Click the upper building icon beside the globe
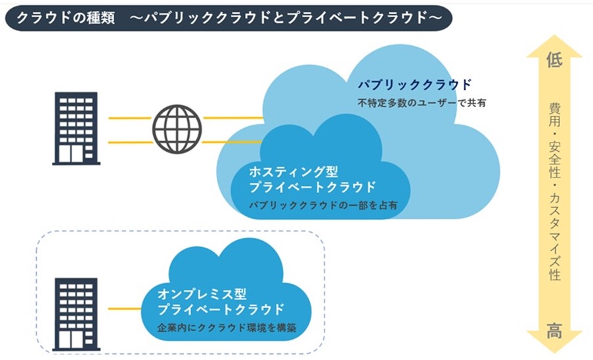tap(76, 127)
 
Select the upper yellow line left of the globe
tap(129, 118)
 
